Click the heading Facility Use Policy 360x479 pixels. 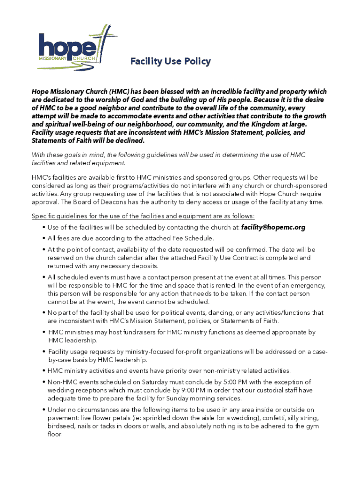[170, 61]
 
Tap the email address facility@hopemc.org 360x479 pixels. [273, 227]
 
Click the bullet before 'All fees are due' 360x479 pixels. [43, 238]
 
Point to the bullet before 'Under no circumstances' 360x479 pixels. [43, 410]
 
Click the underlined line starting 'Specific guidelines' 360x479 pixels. [143, 216]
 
